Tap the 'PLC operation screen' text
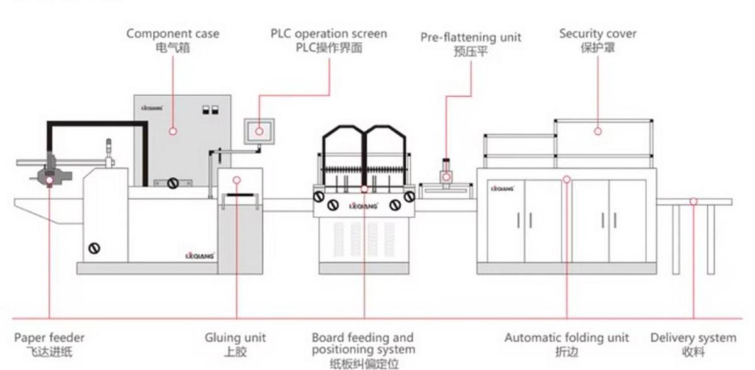click(328, 33)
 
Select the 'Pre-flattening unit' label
click(471, 38)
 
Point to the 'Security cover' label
click(598, 33)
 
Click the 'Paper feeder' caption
click(49, 338)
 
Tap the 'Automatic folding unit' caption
click(566, 338)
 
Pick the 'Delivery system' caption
click(693, 338)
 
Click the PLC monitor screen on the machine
click(259, 131)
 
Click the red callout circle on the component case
click(172, 131)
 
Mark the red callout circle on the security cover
click(598, 131)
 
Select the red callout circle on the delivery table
click(693, 202)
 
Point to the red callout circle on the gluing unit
click(237, 180)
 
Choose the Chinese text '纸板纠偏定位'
click(364, 364)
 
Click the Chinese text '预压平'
click(471, 52)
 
